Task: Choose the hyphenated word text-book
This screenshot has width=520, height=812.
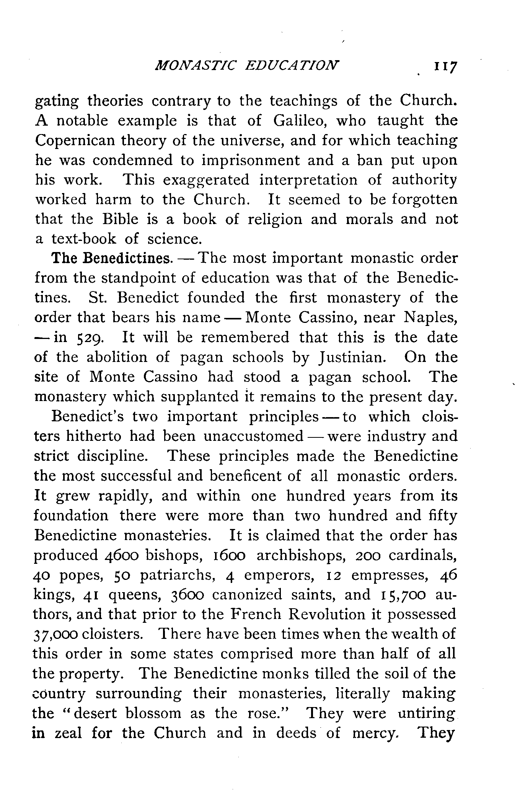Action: tap(83, 239)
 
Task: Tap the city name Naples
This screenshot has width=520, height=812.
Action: tap(430, 318)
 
